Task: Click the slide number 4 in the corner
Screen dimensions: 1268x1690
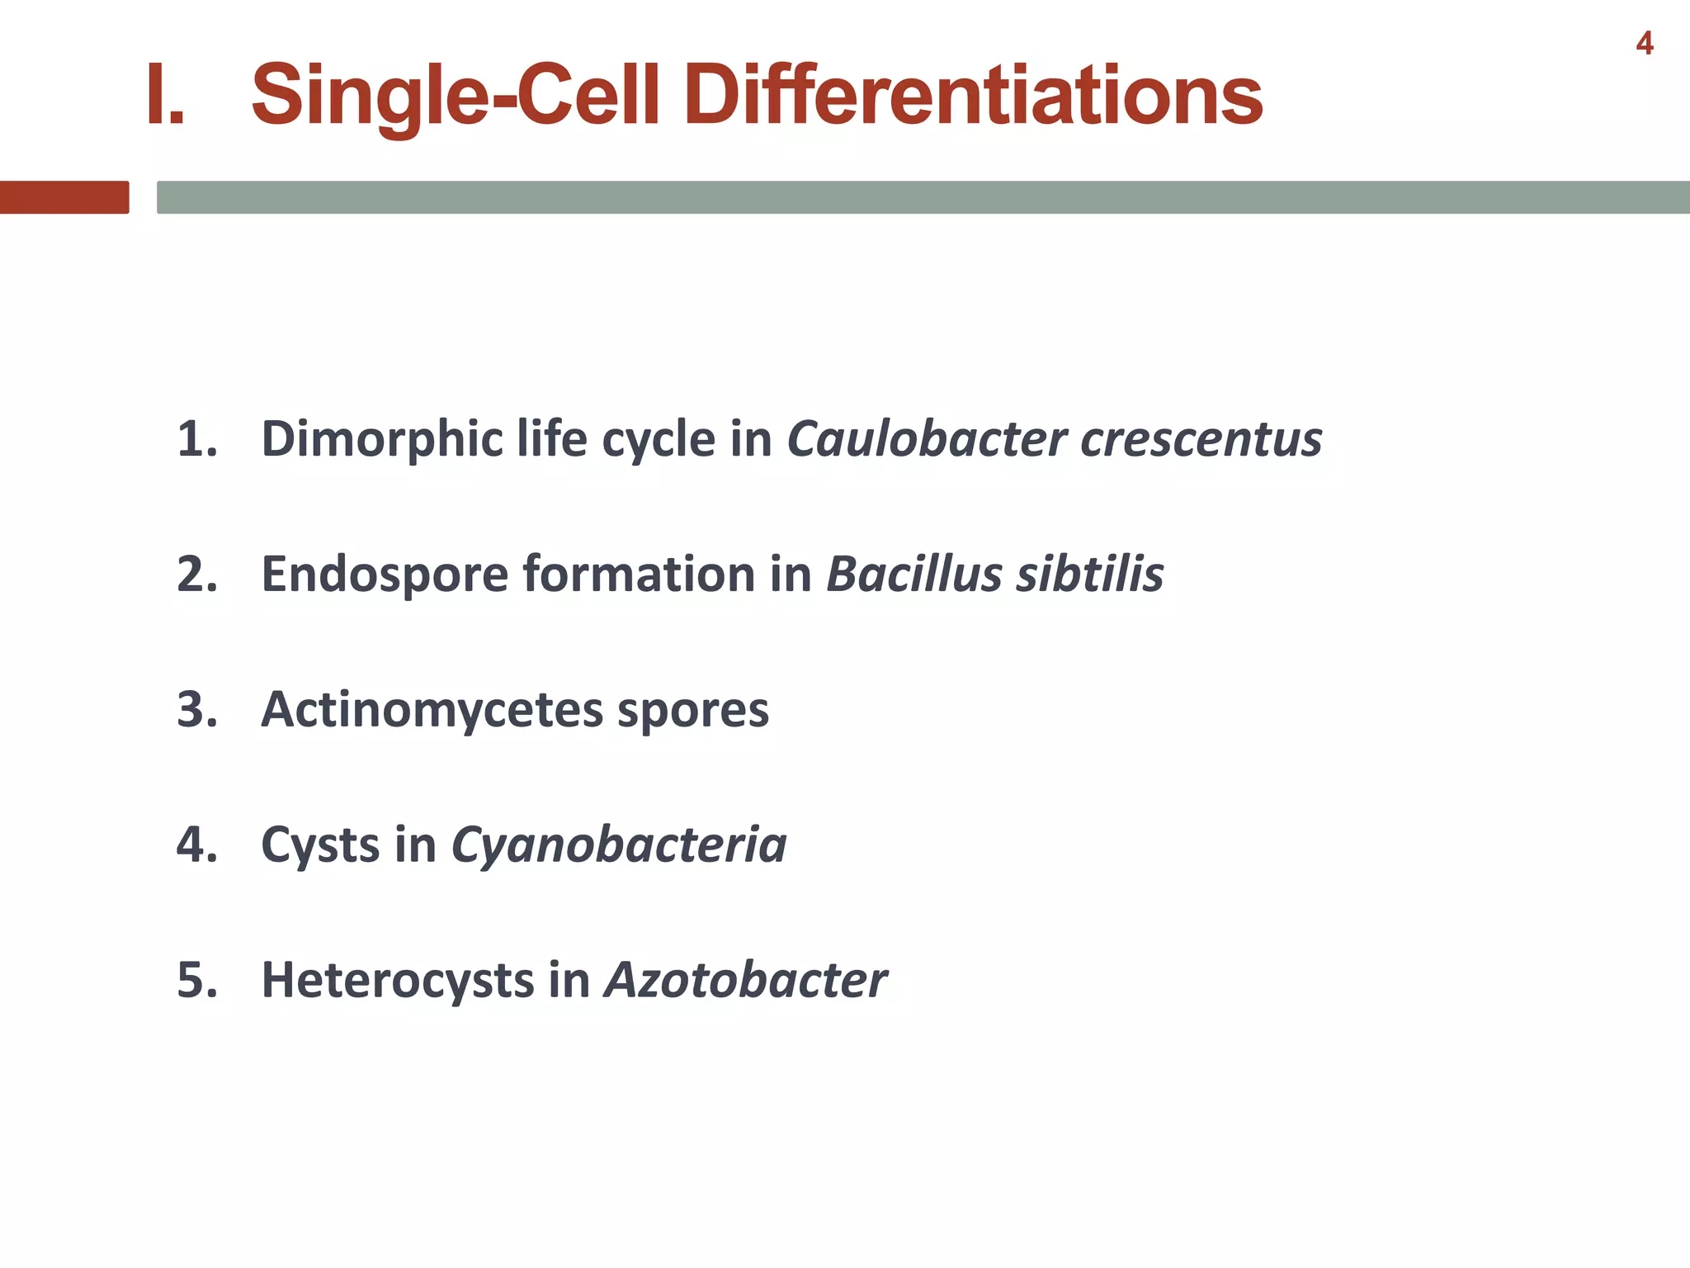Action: [x=1644, y=43]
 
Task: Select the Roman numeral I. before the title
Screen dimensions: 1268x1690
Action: [x=164, y=96]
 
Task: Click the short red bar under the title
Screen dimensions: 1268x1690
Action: [x=64, y=197]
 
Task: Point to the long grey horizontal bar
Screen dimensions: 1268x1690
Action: [x=923, y=197]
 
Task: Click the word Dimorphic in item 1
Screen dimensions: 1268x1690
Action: [x=382, y=439]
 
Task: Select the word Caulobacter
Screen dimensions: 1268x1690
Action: [x=926, y=439]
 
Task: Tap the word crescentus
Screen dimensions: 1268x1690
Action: [x=1201, y=439]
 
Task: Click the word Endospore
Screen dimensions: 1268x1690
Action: [x=385, y=575]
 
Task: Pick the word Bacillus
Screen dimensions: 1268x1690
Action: [x=913, y=575]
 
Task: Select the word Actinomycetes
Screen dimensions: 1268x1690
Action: [x=432, y=710]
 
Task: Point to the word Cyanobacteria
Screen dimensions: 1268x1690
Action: [x=618, y=845]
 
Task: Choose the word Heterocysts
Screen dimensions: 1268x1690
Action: [x=398, y=981]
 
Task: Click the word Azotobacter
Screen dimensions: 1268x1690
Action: [x=745, y=981]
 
